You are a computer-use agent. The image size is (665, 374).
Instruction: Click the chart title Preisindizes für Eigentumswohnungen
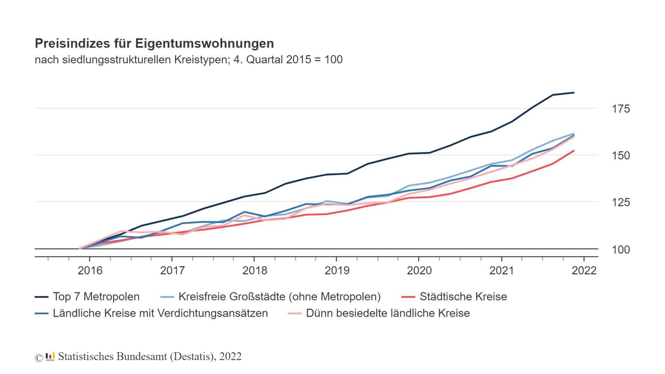[x=154, y=44]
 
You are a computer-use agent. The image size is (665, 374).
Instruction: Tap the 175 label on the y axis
[x=621, y=109]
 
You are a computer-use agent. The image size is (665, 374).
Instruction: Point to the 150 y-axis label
[x=621, y=156]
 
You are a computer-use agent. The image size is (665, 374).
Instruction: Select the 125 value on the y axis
[x=621, y=203]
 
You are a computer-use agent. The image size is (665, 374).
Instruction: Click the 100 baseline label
[x=621, y=250]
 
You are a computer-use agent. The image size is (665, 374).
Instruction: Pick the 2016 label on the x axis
[x=90, y=270]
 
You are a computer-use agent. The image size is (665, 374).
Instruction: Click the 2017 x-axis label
[x=172, y=270]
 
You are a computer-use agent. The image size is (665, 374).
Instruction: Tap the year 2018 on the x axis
[x=255, y=270]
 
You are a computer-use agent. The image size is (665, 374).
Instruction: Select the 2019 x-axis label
[x=337, y=270]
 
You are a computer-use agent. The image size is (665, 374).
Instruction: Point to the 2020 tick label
[x=419, y=270]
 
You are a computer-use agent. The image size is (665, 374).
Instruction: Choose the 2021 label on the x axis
[x=502, y=270]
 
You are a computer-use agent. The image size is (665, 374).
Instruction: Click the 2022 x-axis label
[x=584, y=270]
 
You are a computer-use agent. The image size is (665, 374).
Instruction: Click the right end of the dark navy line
[x=574, y=93]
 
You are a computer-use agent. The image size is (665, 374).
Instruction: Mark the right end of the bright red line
[x=574, y=151]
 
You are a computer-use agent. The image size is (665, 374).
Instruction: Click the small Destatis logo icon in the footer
[x=50, y=356]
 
